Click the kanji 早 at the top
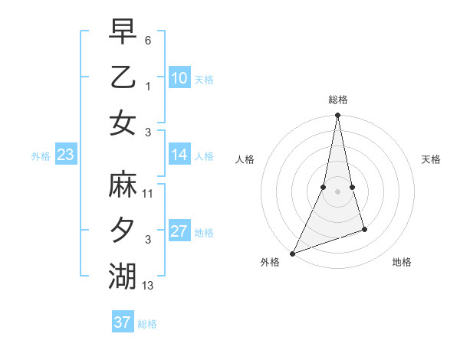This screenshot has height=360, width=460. [122, 32]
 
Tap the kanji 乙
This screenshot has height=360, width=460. [122, 77]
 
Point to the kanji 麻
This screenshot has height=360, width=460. [122, 185]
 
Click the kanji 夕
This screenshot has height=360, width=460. [122, 231]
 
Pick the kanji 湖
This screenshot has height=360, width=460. [122, 276]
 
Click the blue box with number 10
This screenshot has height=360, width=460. [179, 78]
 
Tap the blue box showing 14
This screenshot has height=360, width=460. [179, 155]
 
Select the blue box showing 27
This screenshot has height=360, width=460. [179, 231]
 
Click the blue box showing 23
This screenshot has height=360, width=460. [65, 155]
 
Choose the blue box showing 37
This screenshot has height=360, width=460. [123, 322]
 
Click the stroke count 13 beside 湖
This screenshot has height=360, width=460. [147, 286]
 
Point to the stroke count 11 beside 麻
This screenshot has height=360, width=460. [147, 194]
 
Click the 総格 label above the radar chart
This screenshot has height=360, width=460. [337, 100]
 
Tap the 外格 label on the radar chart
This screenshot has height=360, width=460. [270, 262]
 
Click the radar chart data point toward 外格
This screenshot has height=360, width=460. [292, 253]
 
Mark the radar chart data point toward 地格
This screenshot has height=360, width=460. [364, 229]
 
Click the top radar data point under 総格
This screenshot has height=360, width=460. [337, 116]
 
